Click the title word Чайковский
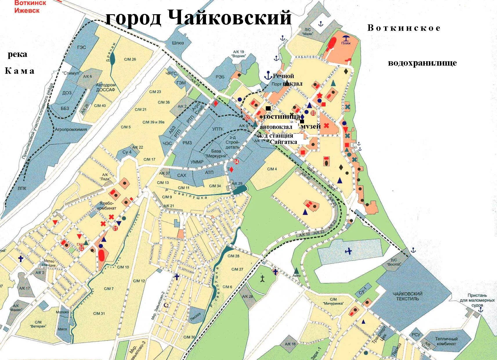click(229, 18)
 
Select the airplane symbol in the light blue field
click(348, 251)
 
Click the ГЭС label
click(82, 47)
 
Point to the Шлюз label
click(178, 43)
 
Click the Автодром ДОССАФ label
click(106, 87)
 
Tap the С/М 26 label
click(130, 59)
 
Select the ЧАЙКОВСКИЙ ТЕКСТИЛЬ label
click(407, 296)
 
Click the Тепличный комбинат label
click(446, 341)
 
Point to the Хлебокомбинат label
click(108, 206)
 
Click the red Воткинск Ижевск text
click(27, 7)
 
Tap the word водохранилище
click(422, 63)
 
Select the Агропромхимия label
click(71, 129)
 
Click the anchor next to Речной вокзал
click(268, 75)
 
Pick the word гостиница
click(281, 116)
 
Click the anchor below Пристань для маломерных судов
click(480, 310)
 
